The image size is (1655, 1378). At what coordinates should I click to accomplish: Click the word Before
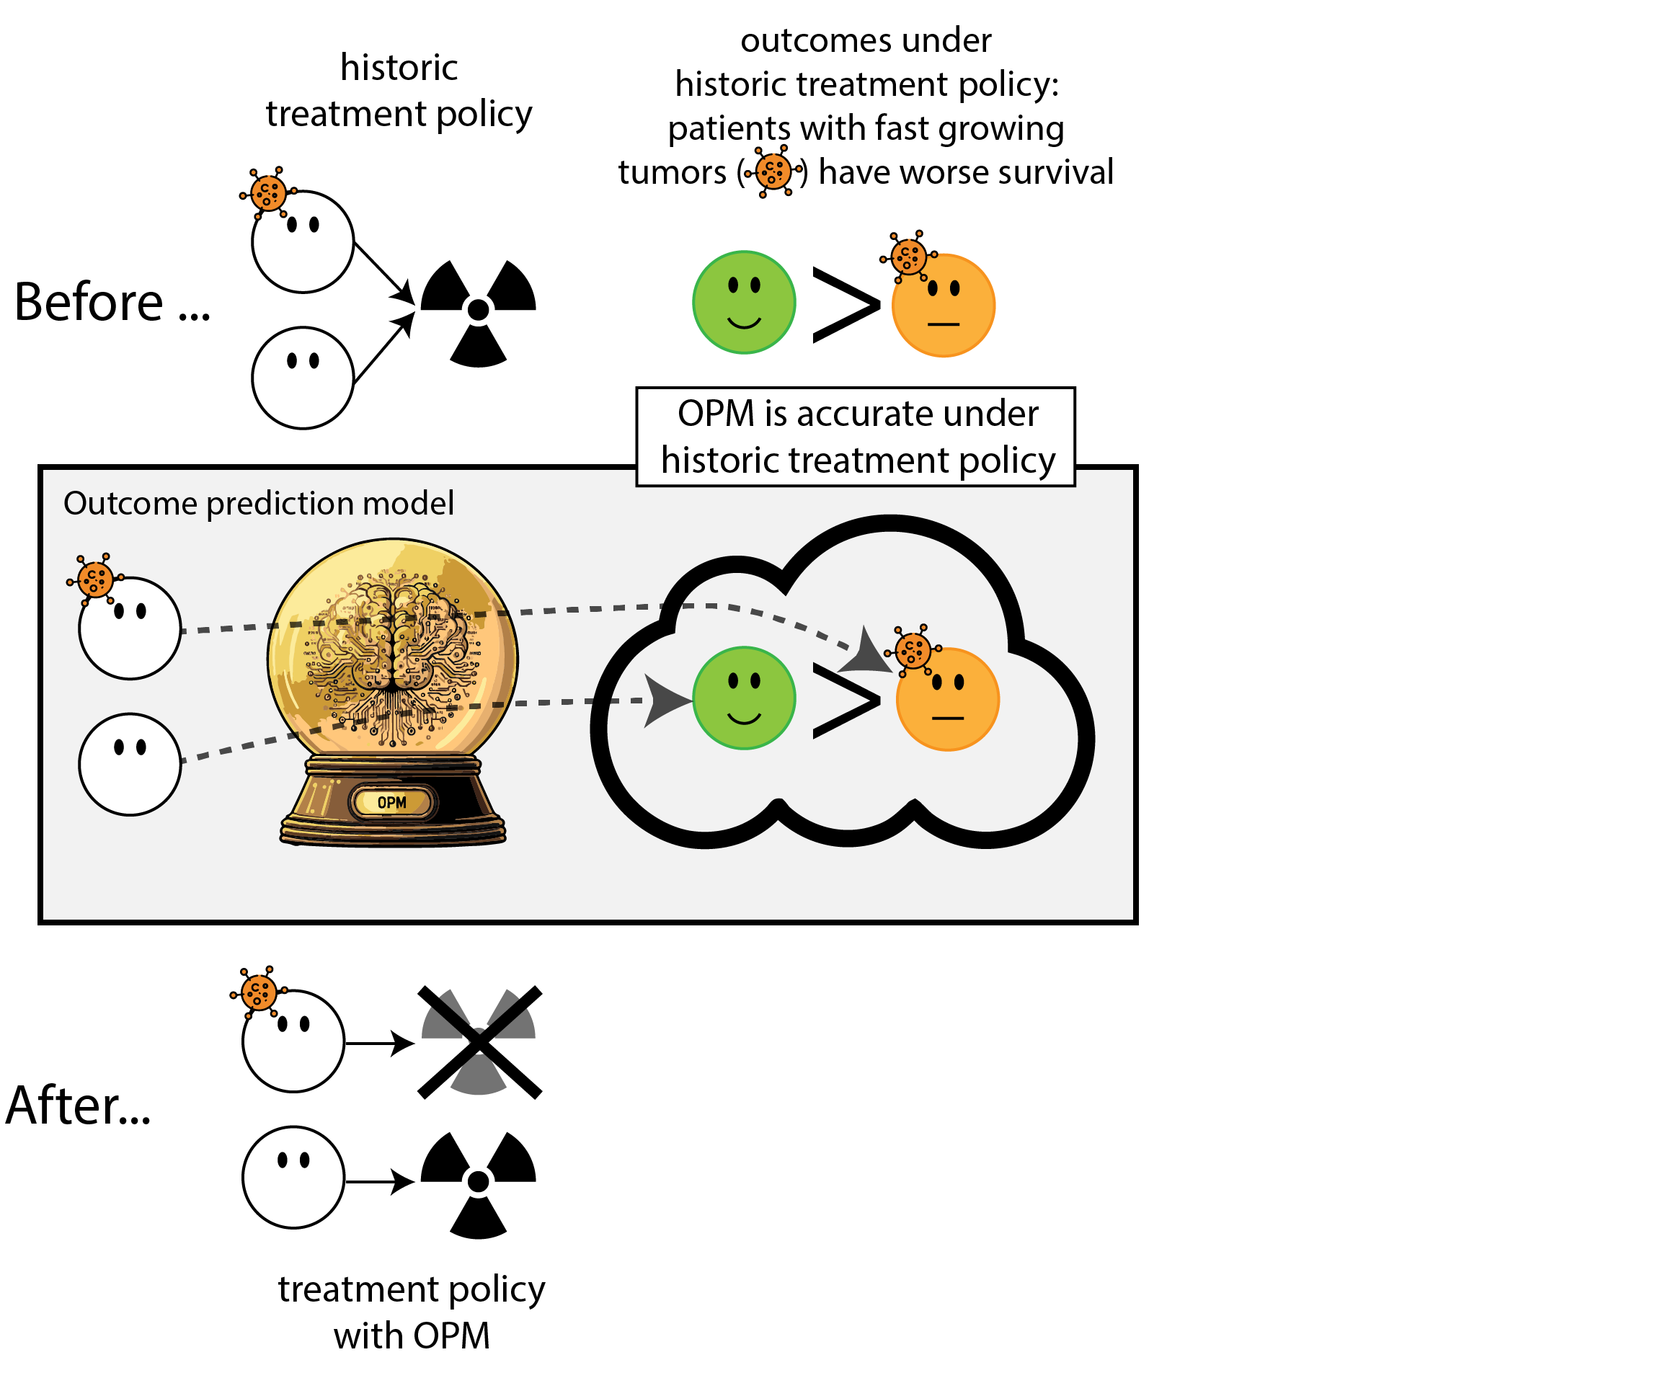[x=88, y=302]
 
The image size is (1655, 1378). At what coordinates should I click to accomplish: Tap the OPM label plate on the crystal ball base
[x=391, y=802]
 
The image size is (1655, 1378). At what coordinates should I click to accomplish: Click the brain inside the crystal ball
[x=391, y=638]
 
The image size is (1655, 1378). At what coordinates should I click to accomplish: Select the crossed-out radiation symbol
[x=479, y=1041]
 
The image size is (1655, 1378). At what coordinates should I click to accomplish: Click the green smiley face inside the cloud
[x=744, y=698]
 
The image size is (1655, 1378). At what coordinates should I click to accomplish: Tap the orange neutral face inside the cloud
[x=947, y=700]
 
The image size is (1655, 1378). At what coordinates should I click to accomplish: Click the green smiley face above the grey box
[x=744, y=303]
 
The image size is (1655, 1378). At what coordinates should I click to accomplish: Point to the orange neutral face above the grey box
[x=944, y=306]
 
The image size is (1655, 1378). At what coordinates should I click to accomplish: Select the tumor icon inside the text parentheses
[x=773, y=171]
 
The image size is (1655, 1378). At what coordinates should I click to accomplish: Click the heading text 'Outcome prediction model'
[x=259, y=504]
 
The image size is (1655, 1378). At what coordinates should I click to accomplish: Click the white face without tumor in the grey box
[x=130, y=764]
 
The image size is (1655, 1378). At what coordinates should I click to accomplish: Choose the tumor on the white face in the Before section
[x=268, y=192]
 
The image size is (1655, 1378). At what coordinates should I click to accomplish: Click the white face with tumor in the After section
[x=293, y=1041]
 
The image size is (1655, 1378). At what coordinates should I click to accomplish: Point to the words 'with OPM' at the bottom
[x=412, y=1336]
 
